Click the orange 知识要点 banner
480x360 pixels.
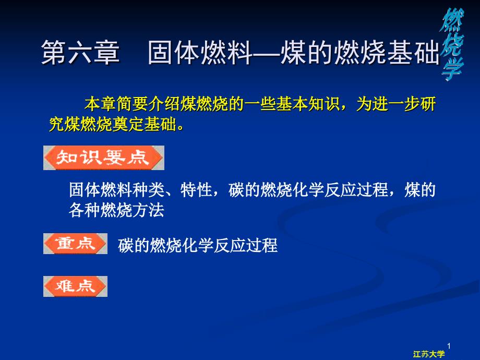click(104, 158)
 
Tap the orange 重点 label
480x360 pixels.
click(75, 244)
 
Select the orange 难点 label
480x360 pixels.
click(75, 286)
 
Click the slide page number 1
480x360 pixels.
click(449, 346)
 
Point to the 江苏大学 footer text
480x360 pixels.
click(428, 354)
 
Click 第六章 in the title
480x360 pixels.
click(80, 52)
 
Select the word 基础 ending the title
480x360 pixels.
click(414, 52)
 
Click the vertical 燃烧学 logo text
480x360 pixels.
click(452, 45)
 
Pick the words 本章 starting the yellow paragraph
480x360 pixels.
click(100, 104)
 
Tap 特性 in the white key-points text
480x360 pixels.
click(196, 190)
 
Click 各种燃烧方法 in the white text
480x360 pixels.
click(117, 210)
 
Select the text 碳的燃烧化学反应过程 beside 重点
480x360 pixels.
click(198, 246)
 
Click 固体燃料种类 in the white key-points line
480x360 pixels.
click(117, 190)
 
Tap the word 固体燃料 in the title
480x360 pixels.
click(200, 52)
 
